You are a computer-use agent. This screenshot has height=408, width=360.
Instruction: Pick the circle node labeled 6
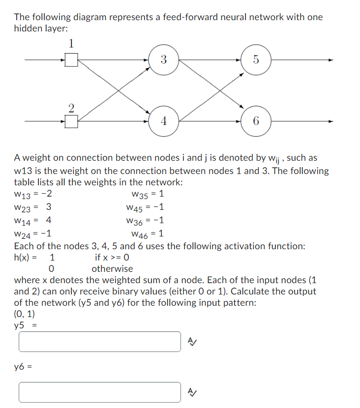coord(256,121)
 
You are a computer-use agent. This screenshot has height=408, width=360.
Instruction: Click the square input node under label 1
coord(71,60)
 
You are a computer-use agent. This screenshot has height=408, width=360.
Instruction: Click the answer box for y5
coord(100,342)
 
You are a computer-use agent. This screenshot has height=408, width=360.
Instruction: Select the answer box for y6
coord(100,392)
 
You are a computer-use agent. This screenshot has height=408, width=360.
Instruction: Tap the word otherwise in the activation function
coord(112,269)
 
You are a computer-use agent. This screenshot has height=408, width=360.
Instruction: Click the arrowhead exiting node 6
coord(331,121)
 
